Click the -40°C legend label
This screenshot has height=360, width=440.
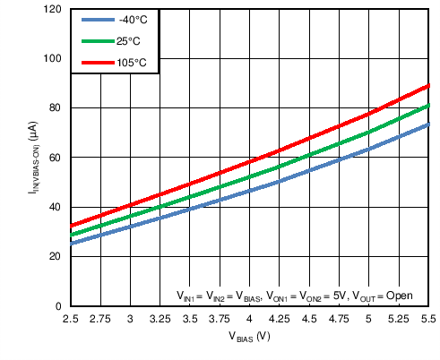[126, 20]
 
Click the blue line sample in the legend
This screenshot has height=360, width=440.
[93, 20]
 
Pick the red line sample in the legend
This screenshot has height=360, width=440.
[93, 62]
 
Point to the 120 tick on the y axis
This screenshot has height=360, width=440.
[54, 10]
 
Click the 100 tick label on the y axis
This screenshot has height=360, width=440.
[54, 59]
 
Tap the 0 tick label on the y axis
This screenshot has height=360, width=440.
[59, 306]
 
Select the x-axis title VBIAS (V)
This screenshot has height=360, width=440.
[250, 339]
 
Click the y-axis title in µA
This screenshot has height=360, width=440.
[31, 158]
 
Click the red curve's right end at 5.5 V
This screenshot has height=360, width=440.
[429, 86]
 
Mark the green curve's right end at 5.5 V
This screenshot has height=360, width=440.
[429, 106]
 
